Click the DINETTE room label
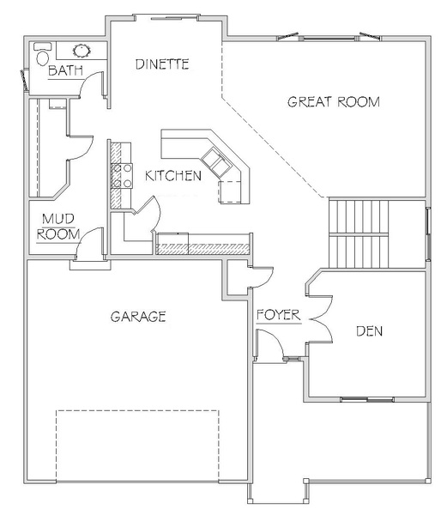click(x=162, y=64)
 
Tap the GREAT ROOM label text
click(x=334, y=102)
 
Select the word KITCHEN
click(x=173, y=176)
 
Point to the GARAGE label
click(x=138, y=317)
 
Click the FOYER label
click(x=278, y=315)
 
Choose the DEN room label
click(x=370, y=331)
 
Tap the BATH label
click(x=66, y=70)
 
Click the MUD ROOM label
click(x=58, y=227)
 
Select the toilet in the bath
click(x=43, y=54)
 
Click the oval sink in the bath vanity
click(x=82, y=51)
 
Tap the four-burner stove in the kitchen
click(x=122, y=176)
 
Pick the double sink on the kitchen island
click(x=215, y=161)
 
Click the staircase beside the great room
click(x=359, y=233)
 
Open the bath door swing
click(x=91, y=84)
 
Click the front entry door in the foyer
click(x=269, y=344)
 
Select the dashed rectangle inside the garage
click(x=137, y=446)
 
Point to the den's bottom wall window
click(x=367, y=399)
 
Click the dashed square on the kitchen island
click(x=230, y=191)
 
